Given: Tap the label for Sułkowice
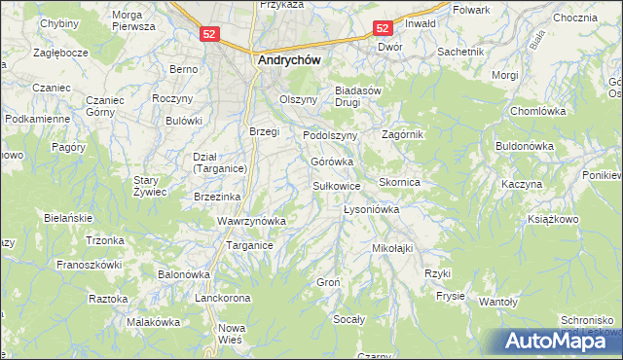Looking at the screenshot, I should pyautogui.click(x=337, y=185).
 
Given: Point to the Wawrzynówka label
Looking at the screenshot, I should pyautogui.click(x=251, y=221).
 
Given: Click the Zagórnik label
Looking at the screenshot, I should pyautogui.click(x=403, y=134).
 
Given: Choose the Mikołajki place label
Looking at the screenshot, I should pyautogui.click(x=392, y=248).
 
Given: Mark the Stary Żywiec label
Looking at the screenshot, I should pyautogui.click(x=151, y=186).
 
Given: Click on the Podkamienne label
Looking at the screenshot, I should pyautogui.click(x=37, y=119).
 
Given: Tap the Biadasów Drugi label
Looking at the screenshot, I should pyautogui.click(x=361, y=98).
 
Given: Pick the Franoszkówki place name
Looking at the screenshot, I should pyautogui.click(x=89, y=264).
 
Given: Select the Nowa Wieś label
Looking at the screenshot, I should pyautogui.click(x=232, y=334).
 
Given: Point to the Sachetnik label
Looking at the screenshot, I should pyautogui.click(x=460, y=51).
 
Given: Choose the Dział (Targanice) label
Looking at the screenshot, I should pyautogui.click(x=219, y=162).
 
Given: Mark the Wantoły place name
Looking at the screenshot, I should pyautogui.click(x=497, y=302).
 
